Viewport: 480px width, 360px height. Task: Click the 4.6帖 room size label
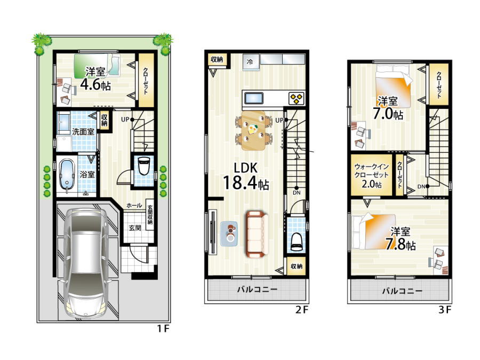[x=95, y=85]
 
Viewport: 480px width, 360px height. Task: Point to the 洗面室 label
[x=83, y=132]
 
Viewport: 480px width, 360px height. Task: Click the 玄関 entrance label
[x=135, y=228]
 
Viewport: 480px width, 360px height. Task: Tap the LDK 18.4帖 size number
[x=246, y=183]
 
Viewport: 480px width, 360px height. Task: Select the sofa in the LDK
[x=257, y=234]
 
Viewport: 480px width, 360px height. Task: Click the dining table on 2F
[x=253, y=131]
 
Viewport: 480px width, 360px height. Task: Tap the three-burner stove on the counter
[x=297, y=98]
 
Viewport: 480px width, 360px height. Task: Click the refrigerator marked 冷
[x=251, y=62]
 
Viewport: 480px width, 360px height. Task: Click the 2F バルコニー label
[x=257, y=289]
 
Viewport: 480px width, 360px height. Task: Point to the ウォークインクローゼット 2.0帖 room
[x=371, y=175]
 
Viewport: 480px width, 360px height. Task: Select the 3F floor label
[x=444, y=310]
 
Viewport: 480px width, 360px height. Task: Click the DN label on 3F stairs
[x=421, y=187]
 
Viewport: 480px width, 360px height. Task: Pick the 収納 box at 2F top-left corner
[x=217, y=59]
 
